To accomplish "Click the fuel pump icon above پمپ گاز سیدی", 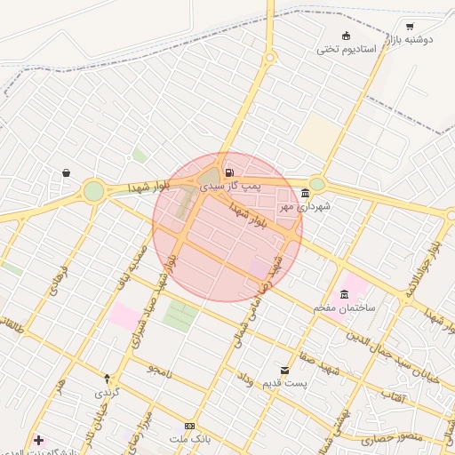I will [230, 172].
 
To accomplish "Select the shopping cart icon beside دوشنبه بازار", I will [410, 27].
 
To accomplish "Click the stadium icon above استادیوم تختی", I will [346, 35].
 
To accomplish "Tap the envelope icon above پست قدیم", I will [284, 370].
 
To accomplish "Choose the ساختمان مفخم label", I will [344, 307].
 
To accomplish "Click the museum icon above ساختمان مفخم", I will [344, 294].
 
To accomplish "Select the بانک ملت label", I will [188, 440].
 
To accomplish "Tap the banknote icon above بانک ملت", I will [188, 426].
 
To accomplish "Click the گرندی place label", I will [107, 392].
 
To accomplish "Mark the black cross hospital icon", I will [38, 440].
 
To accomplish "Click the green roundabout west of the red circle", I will [93, 190].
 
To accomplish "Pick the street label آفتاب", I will [392, 394].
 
